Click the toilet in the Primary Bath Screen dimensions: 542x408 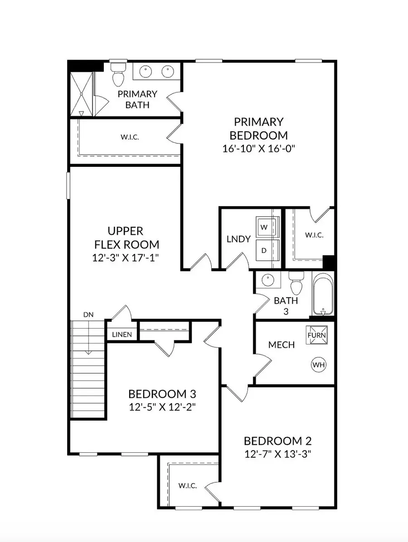(118, 75)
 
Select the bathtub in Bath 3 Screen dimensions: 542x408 (323, 294)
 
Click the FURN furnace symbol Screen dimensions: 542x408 (317, 335)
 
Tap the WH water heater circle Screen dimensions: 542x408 (318, 364)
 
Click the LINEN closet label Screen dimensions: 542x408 (121, 335)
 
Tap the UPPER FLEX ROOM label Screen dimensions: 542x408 (126, 238)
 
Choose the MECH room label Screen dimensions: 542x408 (281, 345)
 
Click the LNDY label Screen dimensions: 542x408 (238, 239)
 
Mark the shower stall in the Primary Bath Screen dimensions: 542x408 (81, 93)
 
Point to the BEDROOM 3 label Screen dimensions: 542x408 (162, 393)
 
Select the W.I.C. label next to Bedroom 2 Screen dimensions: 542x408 (187, 485)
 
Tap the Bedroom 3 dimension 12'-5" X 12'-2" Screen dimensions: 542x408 (162, 406)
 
